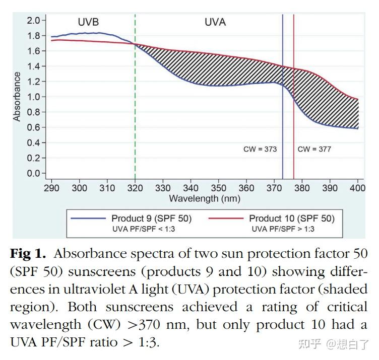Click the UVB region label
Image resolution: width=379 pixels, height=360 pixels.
[x=88, y=22]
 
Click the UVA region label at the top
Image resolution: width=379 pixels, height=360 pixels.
[x=215, y=22]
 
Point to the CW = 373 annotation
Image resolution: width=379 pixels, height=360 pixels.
[x=260, y=149]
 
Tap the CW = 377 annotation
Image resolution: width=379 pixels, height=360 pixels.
[x=314, y=149]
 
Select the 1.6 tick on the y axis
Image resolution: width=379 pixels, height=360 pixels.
[x=33, y=51]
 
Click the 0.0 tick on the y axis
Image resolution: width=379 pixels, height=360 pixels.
[x=33, y=173]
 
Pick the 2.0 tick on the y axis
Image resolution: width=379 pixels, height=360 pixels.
[x=33, y=20]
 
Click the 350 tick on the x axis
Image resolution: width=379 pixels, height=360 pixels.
[x=219, y=188]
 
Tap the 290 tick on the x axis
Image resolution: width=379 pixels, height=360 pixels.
[x=51, y=188]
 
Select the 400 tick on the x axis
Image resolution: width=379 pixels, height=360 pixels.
[x=358, y=188]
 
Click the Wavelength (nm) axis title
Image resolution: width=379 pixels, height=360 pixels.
[x=204, y=198]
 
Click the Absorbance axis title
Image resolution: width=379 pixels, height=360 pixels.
[x=17, y=97]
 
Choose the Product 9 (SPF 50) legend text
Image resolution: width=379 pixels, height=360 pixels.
[x=151, y=219]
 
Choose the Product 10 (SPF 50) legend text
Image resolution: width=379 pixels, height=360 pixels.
[x=291, y=219]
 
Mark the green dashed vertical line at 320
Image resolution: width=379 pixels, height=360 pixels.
[x=135, y=101]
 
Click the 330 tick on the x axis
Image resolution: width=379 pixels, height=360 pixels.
[x=163, y=188]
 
